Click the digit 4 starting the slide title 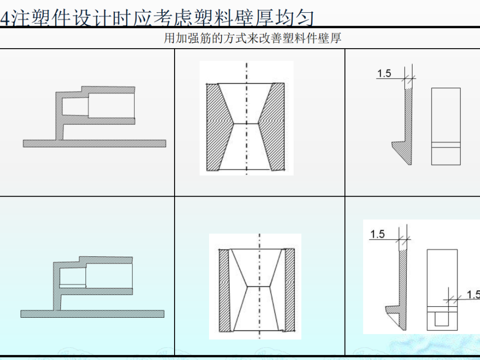(x=4, y=18)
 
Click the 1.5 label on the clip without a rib (x=384, y=74)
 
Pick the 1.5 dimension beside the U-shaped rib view (x=473, y=295)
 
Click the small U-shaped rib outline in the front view (x=441, y=320)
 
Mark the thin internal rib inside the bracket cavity (x=72, y=286)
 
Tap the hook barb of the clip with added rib (x=392, y=309)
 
